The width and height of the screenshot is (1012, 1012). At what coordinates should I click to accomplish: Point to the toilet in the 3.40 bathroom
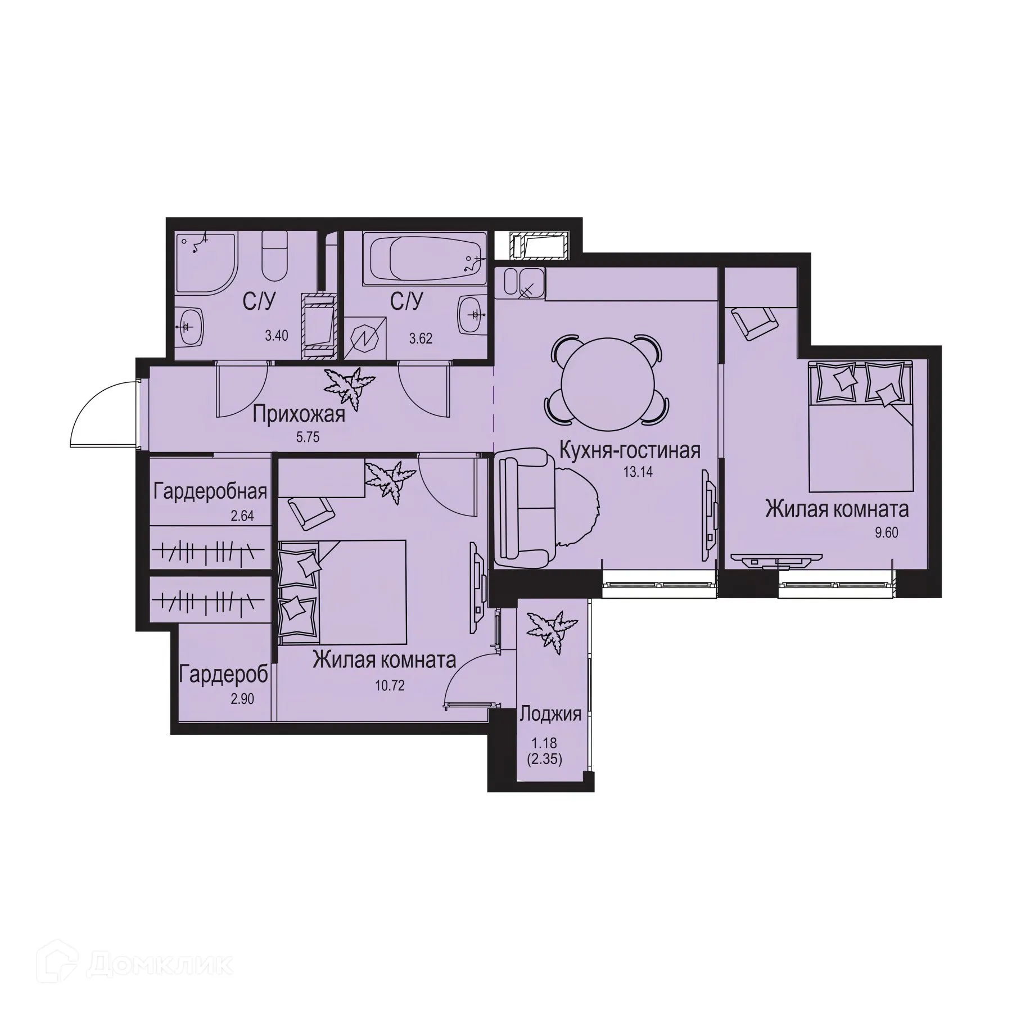coord(275,258)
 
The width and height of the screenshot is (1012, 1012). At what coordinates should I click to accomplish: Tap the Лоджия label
coord(550,715)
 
